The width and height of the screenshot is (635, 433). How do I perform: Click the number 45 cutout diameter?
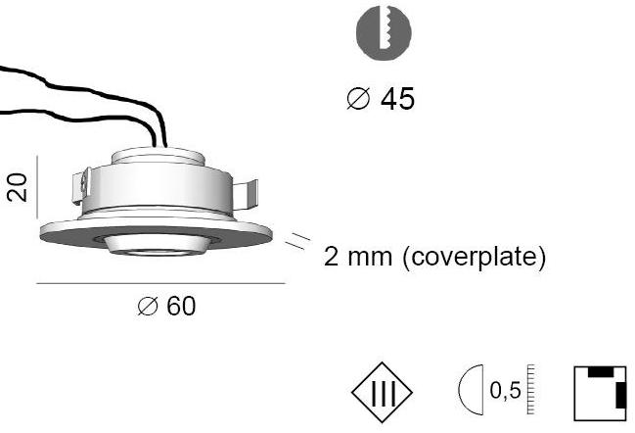coord(396,99)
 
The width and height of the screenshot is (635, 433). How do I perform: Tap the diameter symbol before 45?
coord(358,100)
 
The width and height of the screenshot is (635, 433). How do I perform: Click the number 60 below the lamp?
coord(181,307)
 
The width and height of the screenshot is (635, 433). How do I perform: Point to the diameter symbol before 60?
coord(148,308)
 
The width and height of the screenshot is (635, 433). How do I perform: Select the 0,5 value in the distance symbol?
coord(506,392)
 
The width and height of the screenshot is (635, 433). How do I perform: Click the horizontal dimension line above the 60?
coord(160,283)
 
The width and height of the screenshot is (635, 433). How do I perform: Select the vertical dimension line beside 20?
coord(36,186)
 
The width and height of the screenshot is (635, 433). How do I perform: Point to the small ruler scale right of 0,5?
coord(532,389)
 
